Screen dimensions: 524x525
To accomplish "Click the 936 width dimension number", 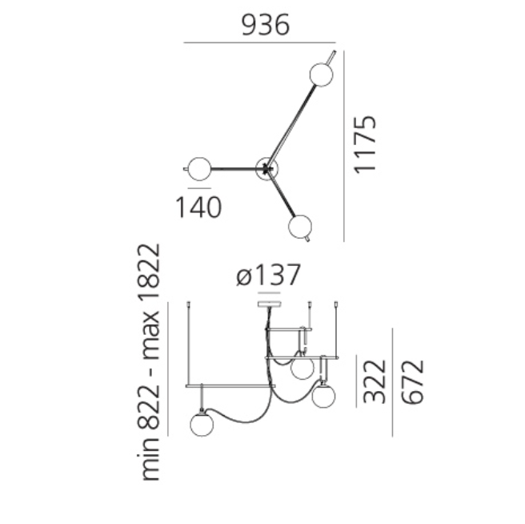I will tap(265, 26).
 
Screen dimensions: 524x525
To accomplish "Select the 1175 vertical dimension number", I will tap(365, 144).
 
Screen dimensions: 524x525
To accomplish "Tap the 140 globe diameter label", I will tap(198, 208).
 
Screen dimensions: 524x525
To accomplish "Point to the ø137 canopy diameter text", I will tap(269, 276).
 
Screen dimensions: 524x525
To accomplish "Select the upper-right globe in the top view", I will tap(320, 74).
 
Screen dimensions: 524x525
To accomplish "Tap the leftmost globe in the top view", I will tap(198, 168).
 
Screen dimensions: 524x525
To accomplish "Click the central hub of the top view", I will tap(266, 168).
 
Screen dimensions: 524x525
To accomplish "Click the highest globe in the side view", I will tap(302, 368).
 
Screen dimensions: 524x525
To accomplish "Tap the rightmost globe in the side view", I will tap(324, 395).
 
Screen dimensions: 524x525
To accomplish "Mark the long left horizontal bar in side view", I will tap(230, 385).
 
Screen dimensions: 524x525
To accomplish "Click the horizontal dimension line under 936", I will tap(259, 42).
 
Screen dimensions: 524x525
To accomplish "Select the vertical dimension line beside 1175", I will tap(344, 144).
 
